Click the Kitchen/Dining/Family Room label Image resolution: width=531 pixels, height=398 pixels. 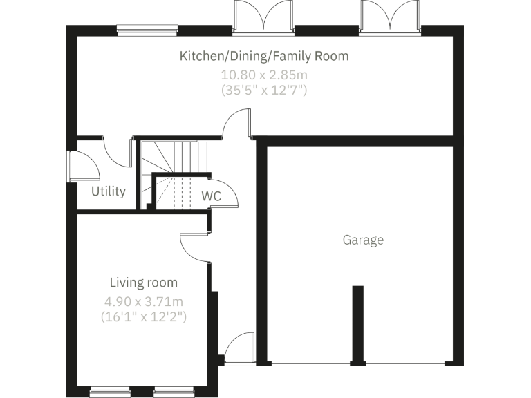point(264,56)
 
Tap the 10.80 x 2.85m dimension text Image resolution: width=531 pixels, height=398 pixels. point(264,74)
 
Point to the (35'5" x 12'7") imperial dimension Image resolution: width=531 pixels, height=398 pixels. point(264,90)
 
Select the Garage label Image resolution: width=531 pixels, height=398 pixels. point(363,240)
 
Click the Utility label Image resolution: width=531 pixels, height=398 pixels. point(109,191)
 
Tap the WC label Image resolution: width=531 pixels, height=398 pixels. point(211,196)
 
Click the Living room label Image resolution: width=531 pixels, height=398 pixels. point(144,283)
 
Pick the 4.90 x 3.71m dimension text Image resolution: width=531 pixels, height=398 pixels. point(144,302)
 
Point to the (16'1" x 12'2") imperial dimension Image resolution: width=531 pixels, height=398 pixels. point(144,317)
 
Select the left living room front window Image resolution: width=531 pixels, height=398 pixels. point(110,392)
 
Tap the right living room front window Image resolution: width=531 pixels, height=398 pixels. point(173,392)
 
